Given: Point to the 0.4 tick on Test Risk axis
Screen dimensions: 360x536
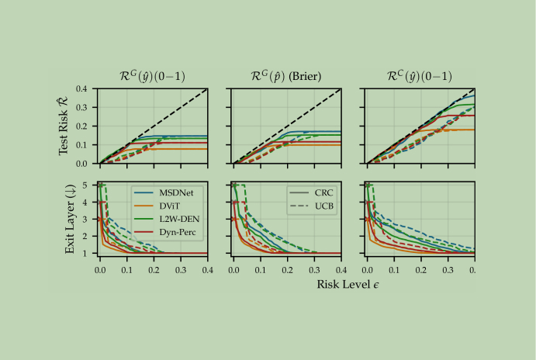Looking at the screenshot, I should tap(85, 89).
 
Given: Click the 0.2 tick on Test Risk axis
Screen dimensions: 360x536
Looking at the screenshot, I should tap(85, 126).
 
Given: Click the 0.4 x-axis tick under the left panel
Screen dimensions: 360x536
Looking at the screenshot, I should tap(207, 267).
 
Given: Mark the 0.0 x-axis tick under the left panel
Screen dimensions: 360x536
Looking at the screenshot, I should tap(99, 267).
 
